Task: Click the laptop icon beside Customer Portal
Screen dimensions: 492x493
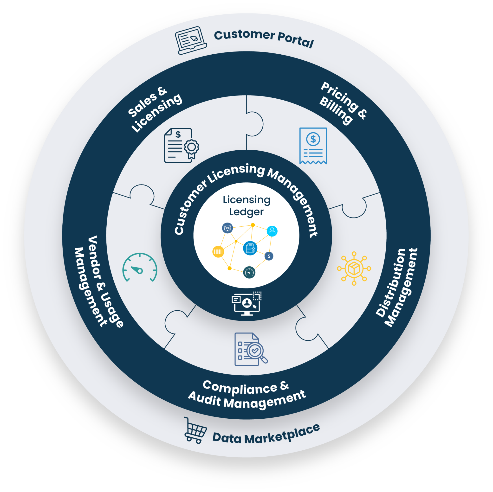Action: (x=191, y=40)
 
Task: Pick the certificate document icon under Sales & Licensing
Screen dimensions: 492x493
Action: (x=181, y=146)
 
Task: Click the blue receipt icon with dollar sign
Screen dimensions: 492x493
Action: (x=313, y=146)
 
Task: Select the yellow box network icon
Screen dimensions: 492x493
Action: (x=354, y=268)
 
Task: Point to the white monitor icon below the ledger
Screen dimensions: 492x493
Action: (x=246, y=303)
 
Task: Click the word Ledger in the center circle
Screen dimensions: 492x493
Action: (x=246, y=212)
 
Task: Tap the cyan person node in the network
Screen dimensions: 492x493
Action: (x=272, y=231)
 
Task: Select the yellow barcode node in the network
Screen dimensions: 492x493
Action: (x=218, y=252)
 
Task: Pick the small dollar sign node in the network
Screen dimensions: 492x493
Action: (x=269, y=256)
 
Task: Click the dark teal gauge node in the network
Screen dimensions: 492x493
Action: (x=249, y=272)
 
